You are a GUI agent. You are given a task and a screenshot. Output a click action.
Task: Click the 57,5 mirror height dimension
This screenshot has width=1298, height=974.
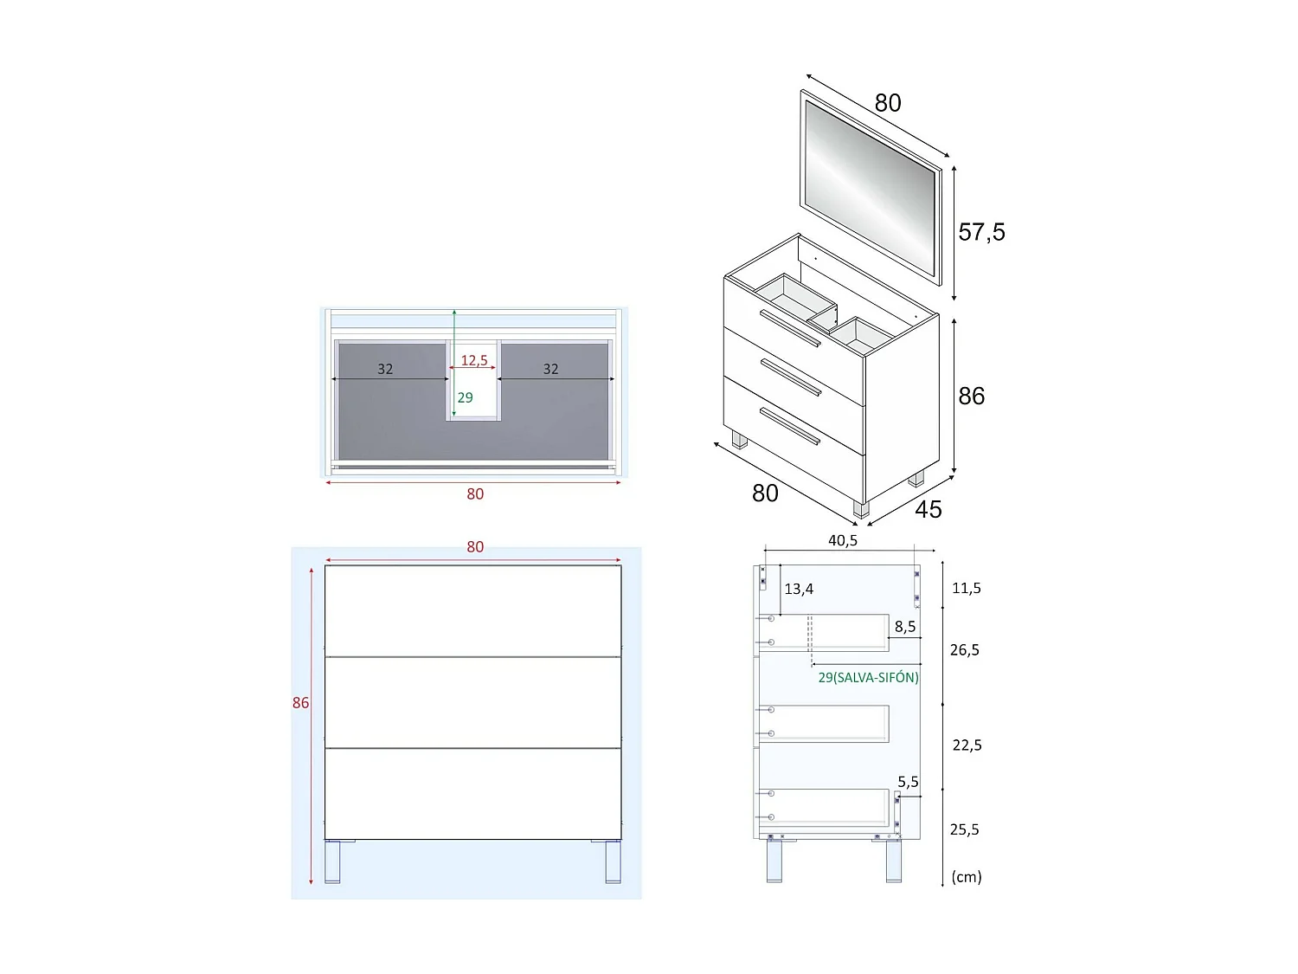click(x=981, y=232)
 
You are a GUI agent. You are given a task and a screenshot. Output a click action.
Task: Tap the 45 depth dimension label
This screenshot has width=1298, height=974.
click(x=928, y=509)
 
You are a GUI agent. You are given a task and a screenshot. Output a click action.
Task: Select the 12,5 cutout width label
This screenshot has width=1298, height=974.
click(x=473, y=360)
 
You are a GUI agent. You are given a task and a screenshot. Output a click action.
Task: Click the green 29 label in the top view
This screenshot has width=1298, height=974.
click(x=465, y=397)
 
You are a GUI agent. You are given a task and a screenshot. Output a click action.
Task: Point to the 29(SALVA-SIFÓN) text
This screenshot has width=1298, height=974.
click(x=868, y=677)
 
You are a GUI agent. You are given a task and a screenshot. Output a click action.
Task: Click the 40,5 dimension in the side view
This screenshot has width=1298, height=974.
click(x=842, y=540)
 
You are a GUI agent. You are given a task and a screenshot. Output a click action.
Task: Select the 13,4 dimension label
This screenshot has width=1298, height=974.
click(x=798, y=589)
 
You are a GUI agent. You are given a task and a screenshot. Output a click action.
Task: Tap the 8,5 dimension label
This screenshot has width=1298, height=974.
click(x=905, y=626)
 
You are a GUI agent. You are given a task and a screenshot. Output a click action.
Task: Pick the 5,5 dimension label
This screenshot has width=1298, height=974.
click(x=908, y=782)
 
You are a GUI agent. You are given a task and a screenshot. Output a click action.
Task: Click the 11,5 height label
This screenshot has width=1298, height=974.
click(x=966, y=588)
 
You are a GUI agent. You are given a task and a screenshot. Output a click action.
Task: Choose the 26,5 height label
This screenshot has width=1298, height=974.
click(x=964, y=649)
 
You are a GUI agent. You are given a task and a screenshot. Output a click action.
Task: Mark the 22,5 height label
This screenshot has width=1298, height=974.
click(x=967, y=745)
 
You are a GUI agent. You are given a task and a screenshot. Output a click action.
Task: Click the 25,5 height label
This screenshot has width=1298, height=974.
click(x=964, y=829)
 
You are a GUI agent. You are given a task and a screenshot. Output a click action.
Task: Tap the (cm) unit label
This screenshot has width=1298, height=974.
click(x=966, y=876)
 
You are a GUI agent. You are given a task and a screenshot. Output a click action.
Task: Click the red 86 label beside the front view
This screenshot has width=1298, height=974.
click(x=300, y=702)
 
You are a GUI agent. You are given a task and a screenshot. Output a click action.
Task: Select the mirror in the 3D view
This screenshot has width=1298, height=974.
click(x=870, y=186)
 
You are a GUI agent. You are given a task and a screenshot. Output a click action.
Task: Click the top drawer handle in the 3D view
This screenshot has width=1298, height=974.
click(x=789, y=328)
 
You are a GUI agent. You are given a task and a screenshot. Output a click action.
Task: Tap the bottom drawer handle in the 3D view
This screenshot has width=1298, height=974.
click(x=789, y=426)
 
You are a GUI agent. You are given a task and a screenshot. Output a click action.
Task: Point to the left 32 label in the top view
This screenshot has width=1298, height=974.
click(x=385, y=369)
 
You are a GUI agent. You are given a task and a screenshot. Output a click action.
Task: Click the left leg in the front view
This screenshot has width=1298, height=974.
click(x=332, y=861)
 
